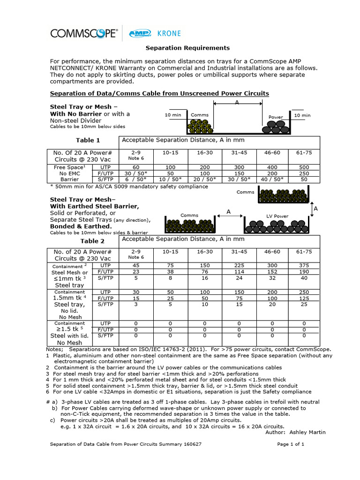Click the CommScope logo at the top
84,33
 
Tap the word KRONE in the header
167,34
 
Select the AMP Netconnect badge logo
139,33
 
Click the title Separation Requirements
181,48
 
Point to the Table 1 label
88,140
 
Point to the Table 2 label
92,241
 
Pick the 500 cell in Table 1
304,167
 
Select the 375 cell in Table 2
304,265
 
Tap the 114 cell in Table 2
236,271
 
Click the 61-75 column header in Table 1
304,152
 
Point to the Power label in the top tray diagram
275,117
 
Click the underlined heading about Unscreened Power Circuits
159,93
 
